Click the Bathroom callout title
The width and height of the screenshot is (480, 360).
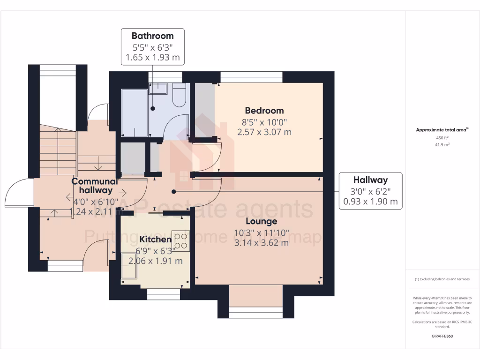[152, 36]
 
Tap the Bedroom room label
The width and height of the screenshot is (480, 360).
[264, 111]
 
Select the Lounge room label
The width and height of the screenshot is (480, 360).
[262, 221]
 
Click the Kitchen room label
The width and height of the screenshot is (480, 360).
[156, 240]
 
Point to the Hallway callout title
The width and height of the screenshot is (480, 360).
[370, 180]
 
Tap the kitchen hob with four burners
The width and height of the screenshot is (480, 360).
[180, 240]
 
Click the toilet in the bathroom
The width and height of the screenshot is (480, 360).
[180, 97]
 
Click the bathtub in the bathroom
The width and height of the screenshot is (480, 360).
[134, 112]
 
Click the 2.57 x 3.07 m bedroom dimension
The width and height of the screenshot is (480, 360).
[264, 132]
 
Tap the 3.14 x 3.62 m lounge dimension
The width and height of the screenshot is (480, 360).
[262, 242]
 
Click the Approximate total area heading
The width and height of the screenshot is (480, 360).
[442, 130]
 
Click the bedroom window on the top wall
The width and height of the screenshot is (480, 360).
[251, 77]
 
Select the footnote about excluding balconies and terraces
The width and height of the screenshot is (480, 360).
[442, 279]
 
